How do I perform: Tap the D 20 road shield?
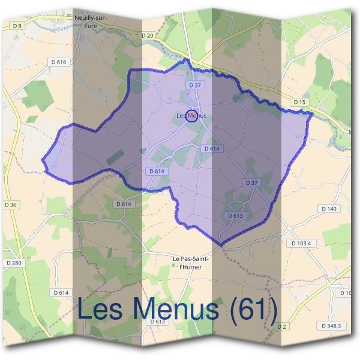148,37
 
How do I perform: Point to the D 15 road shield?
300,103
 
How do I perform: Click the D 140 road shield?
329,208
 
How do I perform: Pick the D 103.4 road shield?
301,243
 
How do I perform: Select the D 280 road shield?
13,263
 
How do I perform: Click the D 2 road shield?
281,326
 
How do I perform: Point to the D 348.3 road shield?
331,326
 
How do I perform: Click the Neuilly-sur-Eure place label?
91,22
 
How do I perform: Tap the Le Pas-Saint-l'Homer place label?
190,262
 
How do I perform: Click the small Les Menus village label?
191,115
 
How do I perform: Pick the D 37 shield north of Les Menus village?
194,86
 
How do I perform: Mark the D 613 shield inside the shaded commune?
235,215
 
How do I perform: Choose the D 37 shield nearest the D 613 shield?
251,182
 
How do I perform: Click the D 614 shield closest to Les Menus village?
212,148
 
